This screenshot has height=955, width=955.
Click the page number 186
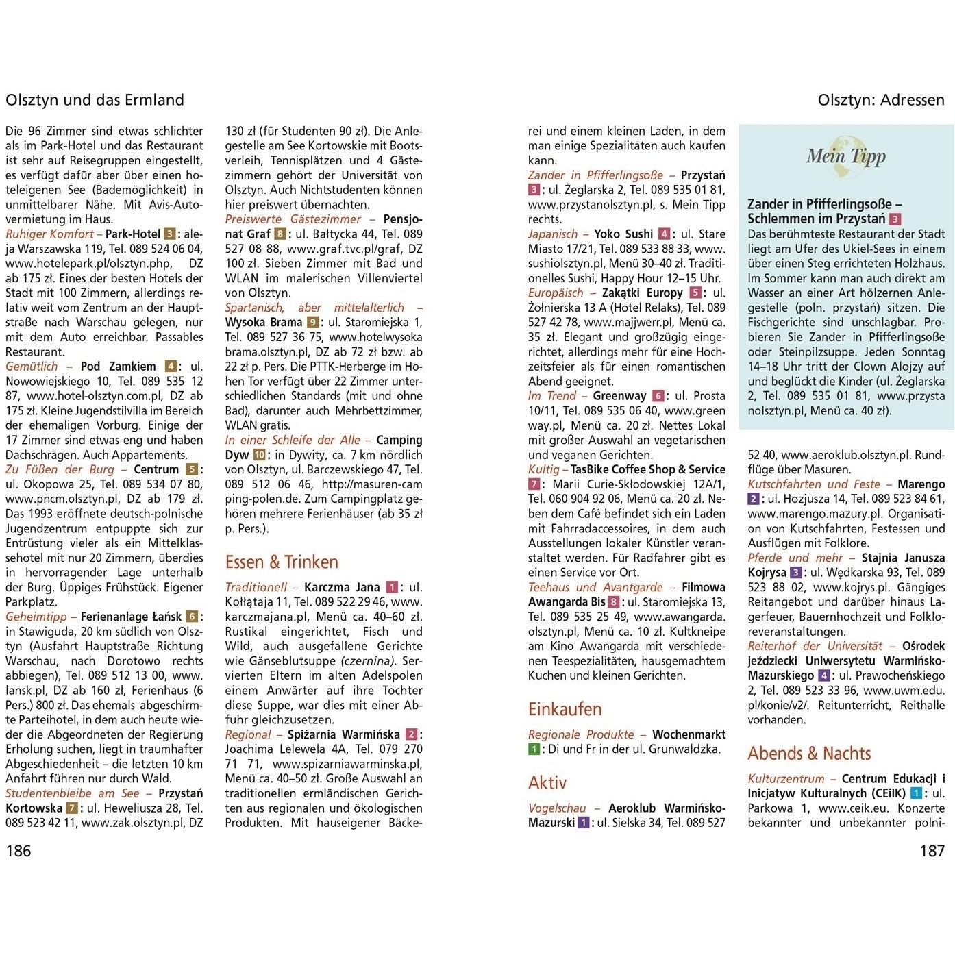pyautogui.click(x=18, y=851)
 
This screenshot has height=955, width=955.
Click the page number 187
pyautogui.click(x=932, y=851)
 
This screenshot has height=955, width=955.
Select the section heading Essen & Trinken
pyautogui.click(x=282, y=562)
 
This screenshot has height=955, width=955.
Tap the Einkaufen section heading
pyautogui.click(x=565, y=708)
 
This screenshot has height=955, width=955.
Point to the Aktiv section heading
pyautogui.click(x=547, y=782)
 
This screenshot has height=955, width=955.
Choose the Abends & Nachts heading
pyautogui.click(x=808, y=753)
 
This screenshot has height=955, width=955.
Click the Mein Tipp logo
pyautogui.click(x=845, y=156)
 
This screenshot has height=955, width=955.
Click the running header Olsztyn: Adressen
pyautogui.click(x=880, y=100)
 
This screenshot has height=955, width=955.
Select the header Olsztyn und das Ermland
pyautogui.click(x=95, y=100)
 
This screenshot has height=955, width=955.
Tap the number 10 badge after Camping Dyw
pyautogui.click(x=260, y=455)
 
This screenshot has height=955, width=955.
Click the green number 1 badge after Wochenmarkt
pyautogui.click(x=534, y=749)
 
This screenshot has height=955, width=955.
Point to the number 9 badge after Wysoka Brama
pyautogui.click(x=312, y=323)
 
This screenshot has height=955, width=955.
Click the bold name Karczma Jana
pyautogui.click(x=341, y=587)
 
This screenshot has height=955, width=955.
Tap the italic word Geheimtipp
pyautogui.click(x=36, y=617)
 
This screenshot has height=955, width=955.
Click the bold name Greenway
pyautogui.click(x=619, y=396)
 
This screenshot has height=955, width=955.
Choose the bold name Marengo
pyautogui.click(x=921, y=484)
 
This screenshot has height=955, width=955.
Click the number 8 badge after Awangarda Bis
pyautogui.click(x=614, y=602)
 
